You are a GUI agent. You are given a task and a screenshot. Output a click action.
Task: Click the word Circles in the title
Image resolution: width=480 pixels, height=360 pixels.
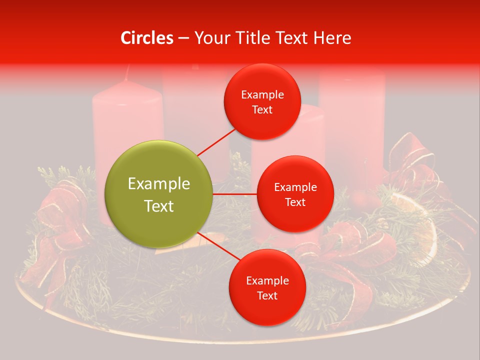click(147, 38)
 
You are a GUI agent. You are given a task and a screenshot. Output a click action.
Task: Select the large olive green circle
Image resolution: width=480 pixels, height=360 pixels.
click(158, 194)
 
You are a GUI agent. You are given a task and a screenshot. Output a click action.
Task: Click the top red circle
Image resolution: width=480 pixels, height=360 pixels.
click(262, 102)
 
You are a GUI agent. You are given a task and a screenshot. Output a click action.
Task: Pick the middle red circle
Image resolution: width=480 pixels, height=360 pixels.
click(295, 194)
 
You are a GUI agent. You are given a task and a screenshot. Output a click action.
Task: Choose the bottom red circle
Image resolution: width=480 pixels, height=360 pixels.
click(267, 288)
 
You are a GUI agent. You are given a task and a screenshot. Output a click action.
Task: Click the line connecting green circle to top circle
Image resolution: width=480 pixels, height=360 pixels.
click(216, 141)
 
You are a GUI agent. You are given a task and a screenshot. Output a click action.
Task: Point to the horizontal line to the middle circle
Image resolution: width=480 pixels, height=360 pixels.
click(234, 194)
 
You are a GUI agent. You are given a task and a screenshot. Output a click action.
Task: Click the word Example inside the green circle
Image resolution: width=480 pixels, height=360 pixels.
click(158, 183)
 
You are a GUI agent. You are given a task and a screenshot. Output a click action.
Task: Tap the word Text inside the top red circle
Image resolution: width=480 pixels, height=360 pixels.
click(262, 110)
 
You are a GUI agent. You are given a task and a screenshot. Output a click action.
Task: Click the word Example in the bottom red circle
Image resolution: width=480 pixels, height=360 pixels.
click(267, 280)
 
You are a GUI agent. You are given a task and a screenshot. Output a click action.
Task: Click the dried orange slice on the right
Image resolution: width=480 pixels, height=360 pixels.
click(420, 225)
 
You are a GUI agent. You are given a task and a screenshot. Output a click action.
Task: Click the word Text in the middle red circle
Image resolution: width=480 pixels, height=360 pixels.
click(295, 202)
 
